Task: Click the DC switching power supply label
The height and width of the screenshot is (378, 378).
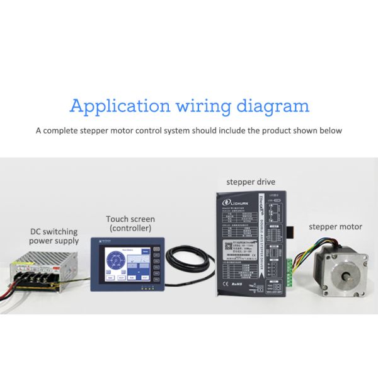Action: point(55,236)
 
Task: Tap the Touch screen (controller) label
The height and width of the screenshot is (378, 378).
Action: point(130,223)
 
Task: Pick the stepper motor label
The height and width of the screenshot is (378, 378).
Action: point(335,227)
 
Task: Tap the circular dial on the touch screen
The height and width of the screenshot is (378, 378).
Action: point(115,261)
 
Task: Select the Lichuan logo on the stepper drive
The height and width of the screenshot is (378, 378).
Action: point(241,203)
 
